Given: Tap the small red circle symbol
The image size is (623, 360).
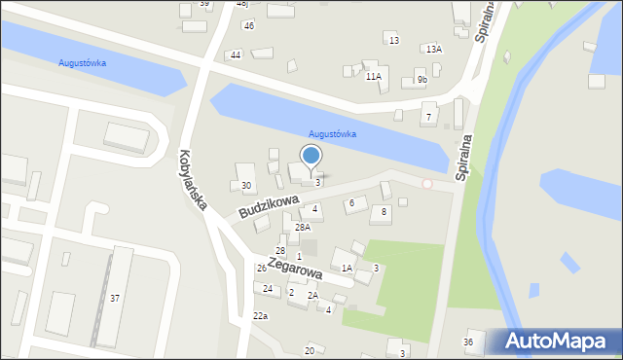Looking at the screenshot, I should pos(426,183).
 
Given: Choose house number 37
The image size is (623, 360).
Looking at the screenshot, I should pos(115,298).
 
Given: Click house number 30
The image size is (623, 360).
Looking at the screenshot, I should pos(246,186).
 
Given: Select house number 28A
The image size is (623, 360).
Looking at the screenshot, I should pos(303,228).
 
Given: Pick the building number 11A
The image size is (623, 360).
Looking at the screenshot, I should pos(374,76).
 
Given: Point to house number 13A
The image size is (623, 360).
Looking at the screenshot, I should pos(431,49).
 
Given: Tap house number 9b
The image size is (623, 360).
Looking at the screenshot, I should pos(421,80).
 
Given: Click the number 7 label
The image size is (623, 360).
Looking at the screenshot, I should pos(427,118).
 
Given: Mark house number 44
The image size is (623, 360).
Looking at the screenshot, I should pos(236,55).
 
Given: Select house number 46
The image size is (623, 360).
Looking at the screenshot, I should pos(248,25).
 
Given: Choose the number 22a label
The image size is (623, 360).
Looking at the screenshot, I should pos(260,316).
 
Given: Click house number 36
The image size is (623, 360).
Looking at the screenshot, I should pos(468,342).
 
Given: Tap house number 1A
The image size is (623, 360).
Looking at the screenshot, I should pos(347,268).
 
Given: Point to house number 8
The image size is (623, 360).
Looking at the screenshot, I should pos(385,211).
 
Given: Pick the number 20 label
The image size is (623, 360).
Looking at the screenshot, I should pos(310,350).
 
